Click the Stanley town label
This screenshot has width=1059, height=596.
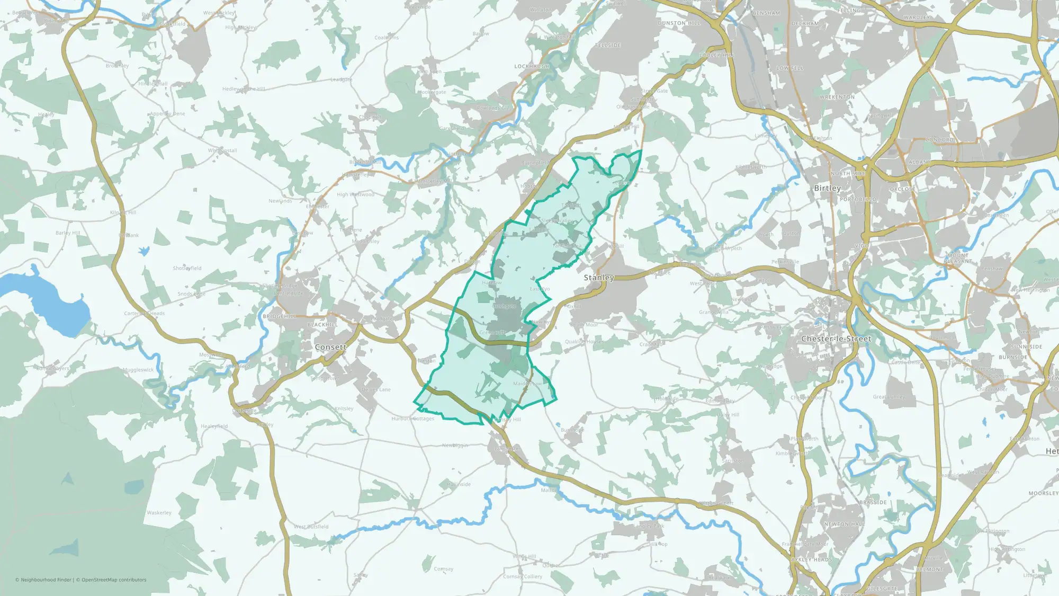point(599,278)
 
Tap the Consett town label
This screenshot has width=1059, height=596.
point(330,347)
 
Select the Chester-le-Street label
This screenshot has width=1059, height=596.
point(836,339)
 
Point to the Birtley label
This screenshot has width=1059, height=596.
point(827,188)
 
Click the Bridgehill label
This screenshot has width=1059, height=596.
point(279,316)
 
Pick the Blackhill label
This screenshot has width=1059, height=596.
point(322,325)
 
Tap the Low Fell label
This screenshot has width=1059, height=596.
point(790,68)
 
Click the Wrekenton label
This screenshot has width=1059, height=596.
point(837,97)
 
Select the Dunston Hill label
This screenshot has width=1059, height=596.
point(679,23)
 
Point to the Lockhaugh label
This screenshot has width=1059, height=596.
point(532,67)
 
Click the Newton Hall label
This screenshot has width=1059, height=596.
point(844,524)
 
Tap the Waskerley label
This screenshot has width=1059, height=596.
point(159,513)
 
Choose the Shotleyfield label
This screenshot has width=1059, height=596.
point(187,268)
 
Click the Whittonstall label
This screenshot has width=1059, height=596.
point(222,150)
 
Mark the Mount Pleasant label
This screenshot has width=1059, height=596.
point(958,258)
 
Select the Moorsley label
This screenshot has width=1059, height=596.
point(1043,493)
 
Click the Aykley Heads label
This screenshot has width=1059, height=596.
point(811,559)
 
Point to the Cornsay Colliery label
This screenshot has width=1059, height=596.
point(523,576)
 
